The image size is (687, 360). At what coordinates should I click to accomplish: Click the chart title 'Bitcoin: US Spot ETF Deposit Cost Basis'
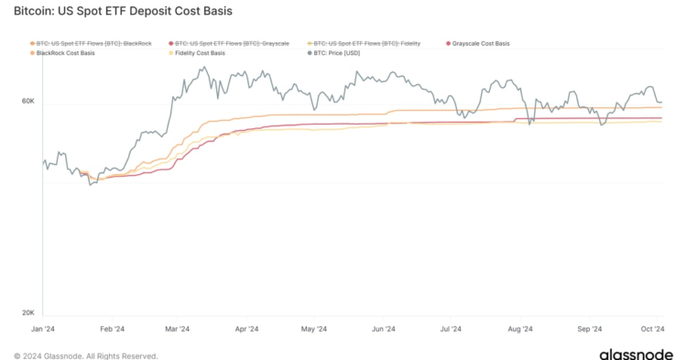[123, 12]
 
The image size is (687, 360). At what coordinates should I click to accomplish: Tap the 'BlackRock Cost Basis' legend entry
[66, 53]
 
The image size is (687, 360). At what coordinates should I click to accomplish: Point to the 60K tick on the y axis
[28, 103]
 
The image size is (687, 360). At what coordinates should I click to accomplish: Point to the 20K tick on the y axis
[28, 312]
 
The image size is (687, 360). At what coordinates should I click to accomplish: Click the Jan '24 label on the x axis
[42, 328]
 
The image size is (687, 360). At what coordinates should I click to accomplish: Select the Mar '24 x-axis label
[177, 328]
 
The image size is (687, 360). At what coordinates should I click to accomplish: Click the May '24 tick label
[314, 328]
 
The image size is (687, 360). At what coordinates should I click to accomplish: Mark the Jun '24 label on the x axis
[383, 328]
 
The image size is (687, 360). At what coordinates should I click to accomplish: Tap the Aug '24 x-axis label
[519, 328]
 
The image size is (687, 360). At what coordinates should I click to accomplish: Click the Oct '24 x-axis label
[652, 328]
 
